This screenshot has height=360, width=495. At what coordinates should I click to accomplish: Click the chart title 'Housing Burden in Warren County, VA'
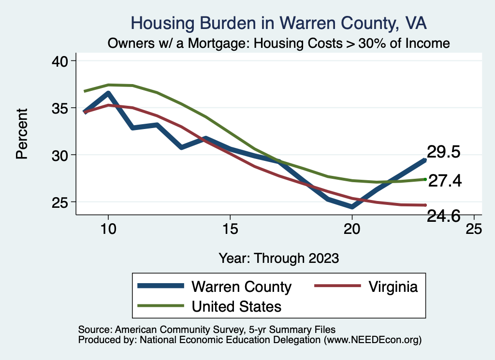tap(279, 23)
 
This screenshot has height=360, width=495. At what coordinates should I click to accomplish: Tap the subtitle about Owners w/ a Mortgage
tap(279, 43)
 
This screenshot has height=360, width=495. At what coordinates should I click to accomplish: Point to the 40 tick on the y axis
tap(60, 61)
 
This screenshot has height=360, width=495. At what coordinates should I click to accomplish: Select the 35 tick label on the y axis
tap(60, 108)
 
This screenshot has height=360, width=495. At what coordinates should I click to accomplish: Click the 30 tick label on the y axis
tap(60, 155)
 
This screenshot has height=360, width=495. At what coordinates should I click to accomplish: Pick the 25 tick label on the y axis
tap(60, 202)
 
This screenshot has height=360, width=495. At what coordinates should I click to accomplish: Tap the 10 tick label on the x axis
tap(108, 230)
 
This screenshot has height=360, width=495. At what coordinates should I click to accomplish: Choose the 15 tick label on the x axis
tap(230, 230)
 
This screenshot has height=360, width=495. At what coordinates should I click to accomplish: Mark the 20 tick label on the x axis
tap(352, 230)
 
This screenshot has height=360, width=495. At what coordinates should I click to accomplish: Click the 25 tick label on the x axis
tap(474, 230)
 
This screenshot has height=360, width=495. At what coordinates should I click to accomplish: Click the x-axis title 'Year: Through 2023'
tap(279, 258)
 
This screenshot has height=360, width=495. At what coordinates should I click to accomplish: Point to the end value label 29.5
tap(443, 152)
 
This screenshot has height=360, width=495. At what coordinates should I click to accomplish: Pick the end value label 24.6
tap(443, 216)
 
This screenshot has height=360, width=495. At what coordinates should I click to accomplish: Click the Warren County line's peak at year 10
tap(108, 93)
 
